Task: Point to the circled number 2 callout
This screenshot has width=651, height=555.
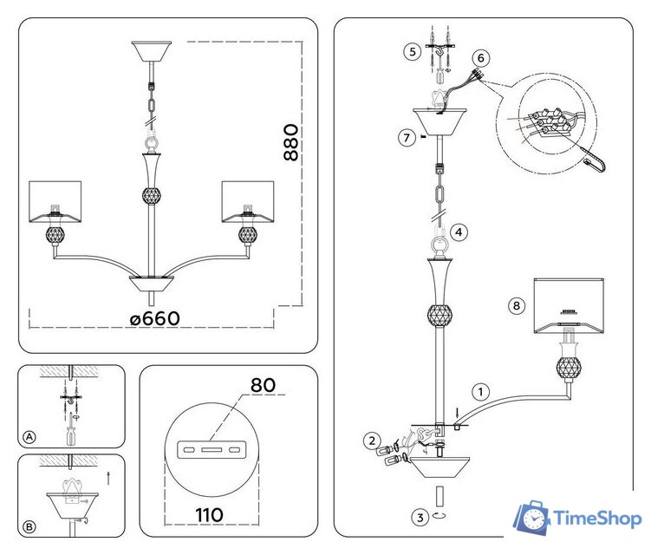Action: [x=370, y=441]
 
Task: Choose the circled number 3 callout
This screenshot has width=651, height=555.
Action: [x=420, y=518]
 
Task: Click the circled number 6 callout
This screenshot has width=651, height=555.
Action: [x=482, y=58]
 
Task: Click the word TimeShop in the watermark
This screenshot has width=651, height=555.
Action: [x=597, y=519]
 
